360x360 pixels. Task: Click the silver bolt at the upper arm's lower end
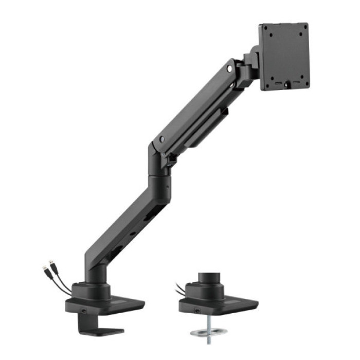point(162,139)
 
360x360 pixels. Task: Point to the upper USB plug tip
point(50,264)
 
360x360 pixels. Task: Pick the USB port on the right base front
point(196,310)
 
